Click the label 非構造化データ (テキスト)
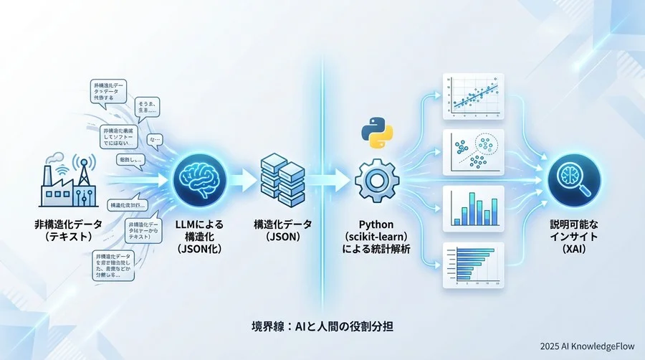(69, 230)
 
